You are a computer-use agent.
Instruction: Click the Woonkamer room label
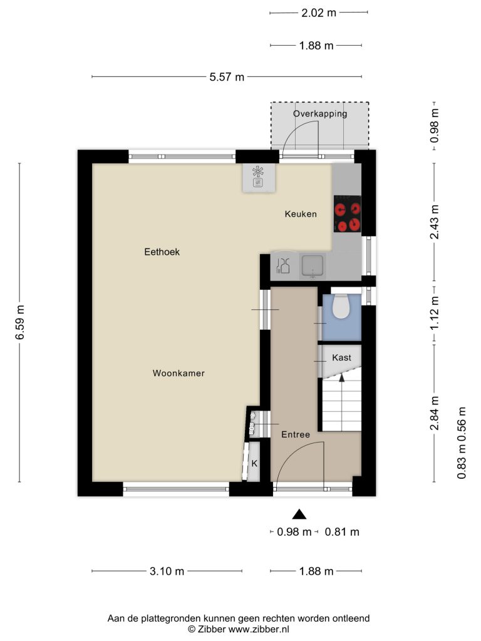[x=178, y=373]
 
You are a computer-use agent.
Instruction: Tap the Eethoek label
[x=162, y=252]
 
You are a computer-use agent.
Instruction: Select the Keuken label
[x=301, y=214]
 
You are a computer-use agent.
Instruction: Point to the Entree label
[x=296, y=434]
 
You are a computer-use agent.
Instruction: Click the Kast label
[x=341, y=357]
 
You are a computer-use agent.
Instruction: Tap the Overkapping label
[x=320, y=114]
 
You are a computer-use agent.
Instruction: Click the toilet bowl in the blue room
[x=340, y=307]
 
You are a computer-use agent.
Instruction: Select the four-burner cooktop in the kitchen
[x=347, y=214]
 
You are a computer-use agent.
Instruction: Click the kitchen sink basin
[x=313, y=265]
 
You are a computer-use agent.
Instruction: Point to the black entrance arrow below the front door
[x=299, y=515]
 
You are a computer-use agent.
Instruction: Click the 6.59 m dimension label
[x=20, y=322]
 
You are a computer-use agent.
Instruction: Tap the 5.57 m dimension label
[x=227, y=77]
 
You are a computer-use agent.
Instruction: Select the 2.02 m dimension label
[x=319, y=13]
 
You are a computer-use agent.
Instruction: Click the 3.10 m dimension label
[x=167, y=571]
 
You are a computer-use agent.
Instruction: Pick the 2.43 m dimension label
[x=435, y=222]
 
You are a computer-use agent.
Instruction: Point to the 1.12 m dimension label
[x=435, y=313]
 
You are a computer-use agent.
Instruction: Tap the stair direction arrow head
[x=342, y=377]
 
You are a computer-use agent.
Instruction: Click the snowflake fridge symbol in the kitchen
[x=257, y=172]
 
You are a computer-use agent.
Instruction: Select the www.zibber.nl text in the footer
[x=259, y=630]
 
